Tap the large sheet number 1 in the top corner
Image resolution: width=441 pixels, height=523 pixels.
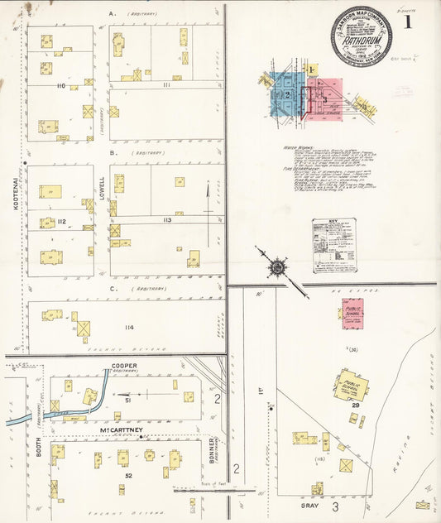click(x=409, y=22)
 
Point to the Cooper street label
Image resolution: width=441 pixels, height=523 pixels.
click(x=118, y=366)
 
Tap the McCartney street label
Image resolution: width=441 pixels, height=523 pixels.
click(x=118, y=429)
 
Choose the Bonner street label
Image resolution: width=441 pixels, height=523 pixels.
click(x=213, y=452)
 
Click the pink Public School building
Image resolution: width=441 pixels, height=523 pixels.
click(x=352, y=313)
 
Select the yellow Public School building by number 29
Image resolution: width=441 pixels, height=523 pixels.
click(x=351, y=386)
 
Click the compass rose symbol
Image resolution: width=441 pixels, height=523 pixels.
click(x=275, y=266)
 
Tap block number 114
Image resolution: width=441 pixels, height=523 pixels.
click(x=128, y=328)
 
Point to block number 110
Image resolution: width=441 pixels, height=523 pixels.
click(x=61, y=86)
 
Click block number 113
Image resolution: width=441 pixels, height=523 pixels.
click(x=167, y=220)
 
